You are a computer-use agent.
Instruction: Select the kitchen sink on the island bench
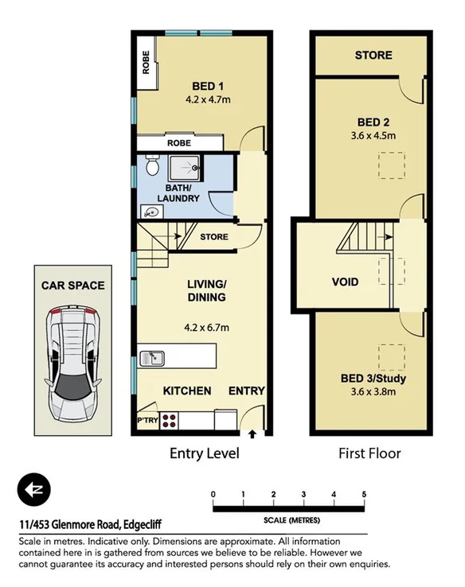point(151,358)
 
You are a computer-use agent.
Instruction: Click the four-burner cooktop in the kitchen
point(170,419)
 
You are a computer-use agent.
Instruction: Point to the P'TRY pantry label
point(147,419)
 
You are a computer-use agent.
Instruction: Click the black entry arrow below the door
point(253,434)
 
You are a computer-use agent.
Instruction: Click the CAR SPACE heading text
point(73,285)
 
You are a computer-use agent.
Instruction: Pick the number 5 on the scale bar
point(364,495)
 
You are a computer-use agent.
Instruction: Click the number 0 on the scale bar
point(213,495)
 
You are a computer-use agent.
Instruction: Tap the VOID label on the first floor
point(345,282)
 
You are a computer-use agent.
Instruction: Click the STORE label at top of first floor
point(373,55)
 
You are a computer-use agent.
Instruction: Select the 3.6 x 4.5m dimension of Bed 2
point(373,135)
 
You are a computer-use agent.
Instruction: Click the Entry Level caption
point(205,454)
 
